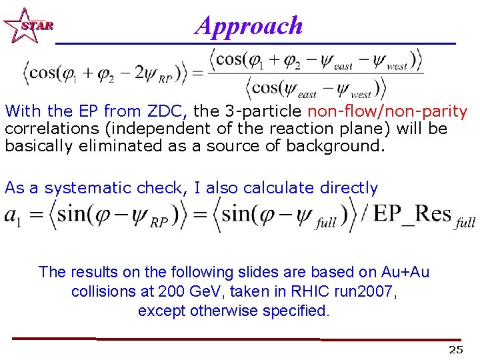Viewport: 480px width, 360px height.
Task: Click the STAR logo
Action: [27, 26]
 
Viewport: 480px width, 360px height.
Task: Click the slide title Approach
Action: [249, 25]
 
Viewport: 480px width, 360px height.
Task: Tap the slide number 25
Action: [455, 350]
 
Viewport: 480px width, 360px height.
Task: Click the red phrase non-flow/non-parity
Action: [387, 111]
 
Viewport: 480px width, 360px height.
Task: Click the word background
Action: [335, 146]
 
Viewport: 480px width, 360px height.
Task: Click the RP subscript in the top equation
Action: [165, 78]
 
